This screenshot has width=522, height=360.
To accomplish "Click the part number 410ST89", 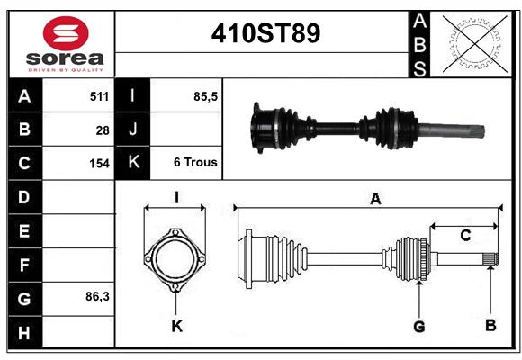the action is (x=265, y=33).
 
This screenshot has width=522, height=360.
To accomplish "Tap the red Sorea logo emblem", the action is (x=66, y=33).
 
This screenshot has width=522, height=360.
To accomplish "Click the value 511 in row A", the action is (x=99, y=96).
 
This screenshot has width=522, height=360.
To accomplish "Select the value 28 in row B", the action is (x=103, y=130).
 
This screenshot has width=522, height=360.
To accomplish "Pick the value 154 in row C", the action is (x=99, y=164).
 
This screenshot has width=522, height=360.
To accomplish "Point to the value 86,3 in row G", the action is (x=97, y=296).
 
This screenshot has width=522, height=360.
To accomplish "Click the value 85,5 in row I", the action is (x=205, y=96).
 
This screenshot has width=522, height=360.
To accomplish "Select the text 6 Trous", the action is (x=195, y=162).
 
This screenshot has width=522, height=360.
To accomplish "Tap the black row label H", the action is (x=25, y=332).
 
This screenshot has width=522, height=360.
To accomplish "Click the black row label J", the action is (x=132, y=129).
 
